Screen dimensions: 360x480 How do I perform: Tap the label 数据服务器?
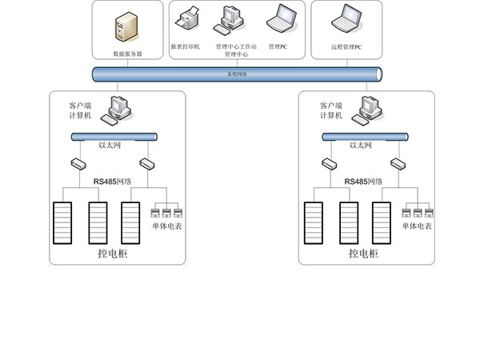[x=128, y=54]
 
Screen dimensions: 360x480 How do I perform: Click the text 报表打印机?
[x=186, y=47]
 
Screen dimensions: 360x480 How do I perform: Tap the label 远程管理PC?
[x=346, y=47]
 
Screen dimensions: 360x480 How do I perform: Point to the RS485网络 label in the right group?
[x=362, y=182]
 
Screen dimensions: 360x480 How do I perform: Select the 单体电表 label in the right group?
[x=416, y=227]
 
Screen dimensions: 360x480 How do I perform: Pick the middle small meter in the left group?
[x=166, y=213]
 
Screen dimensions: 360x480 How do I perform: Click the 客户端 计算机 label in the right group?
[x=330, y=110]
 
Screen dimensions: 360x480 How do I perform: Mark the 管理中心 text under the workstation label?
[x=236, y=55]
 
